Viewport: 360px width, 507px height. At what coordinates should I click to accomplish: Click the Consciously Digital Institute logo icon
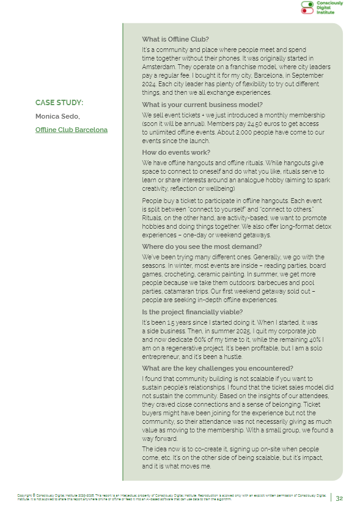(307, 7)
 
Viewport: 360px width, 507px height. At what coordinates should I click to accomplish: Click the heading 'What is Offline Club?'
(175, 40)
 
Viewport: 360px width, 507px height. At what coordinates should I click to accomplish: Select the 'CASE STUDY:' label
(59, 103)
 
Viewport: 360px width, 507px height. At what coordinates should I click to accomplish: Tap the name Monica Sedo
(56, 116)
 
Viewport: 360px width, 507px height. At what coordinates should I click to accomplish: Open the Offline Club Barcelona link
(71, 130)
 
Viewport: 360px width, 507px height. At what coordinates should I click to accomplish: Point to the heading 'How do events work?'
(176, 152)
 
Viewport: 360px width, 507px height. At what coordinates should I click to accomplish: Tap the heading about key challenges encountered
(209, 368)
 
